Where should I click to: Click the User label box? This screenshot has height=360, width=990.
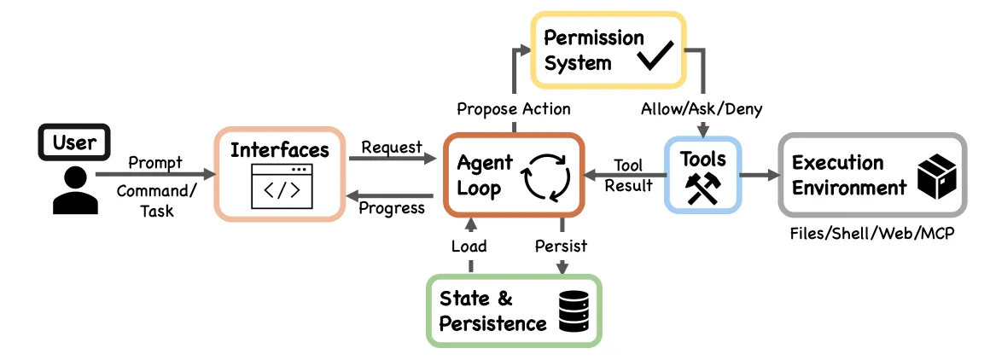pos(74,142)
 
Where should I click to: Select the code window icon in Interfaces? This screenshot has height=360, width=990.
pos(282,187)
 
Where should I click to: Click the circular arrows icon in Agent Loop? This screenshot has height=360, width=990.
pos(547,179)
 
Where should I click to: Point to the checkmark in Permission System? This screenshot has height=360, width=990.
pos(655,56)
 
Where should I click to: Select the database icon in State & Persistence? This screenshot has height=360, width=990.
pos(574,311)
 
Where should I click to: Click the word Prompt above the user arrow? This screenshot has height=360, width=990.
pos(155,163)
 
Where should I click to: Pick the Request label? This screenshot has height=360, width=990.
pos(392,148)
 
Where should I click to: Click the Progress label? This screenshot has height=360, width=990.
pos(392,208)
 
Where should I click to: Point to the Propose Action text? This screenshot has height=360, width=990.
pos(513,108)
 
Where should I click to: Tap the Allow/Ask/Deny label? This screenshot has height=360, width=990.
pos(702,108)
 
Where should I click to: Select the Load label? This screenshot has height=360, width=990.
pos(469,246)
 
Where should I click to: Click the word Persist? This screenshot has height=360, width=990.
pos(561,246)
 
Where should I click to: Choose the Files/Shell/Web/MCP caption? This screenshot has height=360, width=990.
pos(872,233)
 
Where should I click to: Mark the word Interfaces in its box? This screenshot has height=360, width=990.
pos(280,150)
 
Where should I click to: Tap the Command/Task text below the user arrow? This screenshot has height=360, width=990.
pos(154,200)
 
